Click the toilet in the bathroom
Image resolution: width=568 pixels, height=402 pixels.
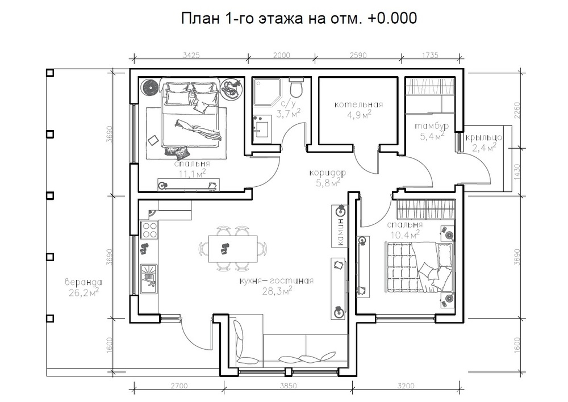[296, 87]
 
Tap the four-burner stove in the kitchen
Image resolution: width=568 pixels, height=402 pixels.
[149, 229]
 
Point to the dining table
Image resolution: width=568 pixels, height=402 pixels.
[232, 249]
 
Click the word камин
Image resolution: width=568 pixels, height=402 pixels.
[340, 232]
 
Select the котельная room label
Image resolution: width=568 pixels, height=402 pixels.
[358, 104]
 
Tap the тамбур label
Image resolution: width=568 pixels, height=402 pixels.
[432, 126]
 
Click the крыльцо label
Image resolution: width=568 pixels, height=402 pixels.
[483, 137]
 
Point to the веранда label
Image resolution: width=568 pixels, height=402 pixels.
[83, 282]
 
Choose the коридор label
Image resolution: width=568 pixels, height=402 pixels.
[328, 173]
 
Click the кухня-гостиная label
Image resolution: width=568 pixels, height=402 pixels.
[277, 280]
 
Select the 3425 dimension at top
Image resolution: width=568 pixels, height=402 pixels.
[191, 55]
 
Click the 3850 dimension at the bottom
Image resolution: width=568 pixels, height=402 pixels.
[288, 386]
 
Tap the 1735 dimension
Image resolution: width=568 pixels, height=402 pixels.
[430, 55]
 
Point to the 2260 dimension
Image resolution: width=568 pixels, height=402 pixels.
[517, 111]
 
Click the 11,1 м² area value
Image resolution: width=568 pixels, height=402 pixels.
[192, 174]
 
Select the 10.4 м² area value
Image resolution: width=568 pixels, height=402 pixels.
[405, 235]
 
